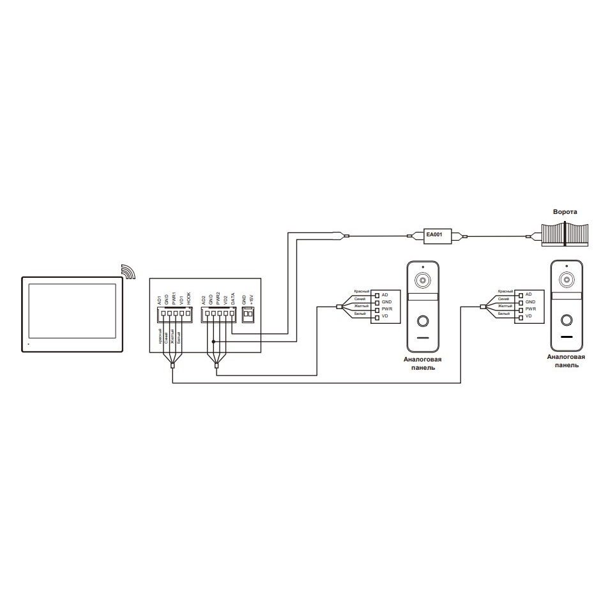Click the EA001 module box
[x=434, y=235]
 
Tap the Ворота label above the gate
[x=565, y=211]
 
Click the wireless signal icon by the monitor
[x=130, y=271]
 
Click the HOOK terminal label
[x=189, y=298]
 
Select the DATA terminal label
[x=233, y=298]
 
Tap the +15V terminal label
[x=252, y=298]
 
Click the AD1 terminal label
[x=159, y=298]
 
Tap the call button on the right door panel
[x=566, y=321]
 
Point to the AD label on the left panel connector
[x=384, y=294]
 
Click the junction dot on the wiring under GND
[x=213, y=342]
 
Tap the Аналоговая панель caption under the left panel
[x=422, y=364]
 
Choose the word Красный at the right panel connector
[x=505, y=291]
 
